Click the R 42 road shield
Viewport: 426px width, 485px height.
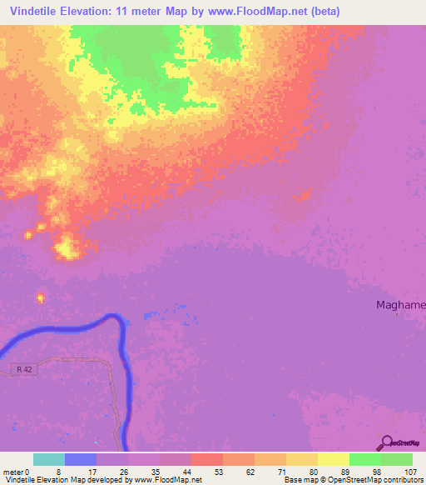27,368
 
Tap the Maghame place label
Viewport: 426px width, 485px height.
400,305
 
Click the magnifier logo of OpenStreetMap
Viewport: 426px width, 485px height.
385,442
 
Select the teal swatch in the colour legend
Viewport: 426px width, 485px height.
49,459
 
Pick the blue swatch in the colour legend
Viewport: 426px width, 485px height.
81,459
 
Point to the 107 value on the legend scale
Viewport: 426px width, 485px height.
409,471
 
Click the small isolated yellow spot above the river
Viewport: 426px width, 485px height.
40,297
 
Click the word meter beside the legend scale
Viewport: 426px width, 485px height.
12,471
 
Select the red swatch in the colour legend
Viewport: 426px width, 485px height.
207,459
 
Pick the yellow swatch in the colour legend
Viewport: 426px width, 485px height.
334,459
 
